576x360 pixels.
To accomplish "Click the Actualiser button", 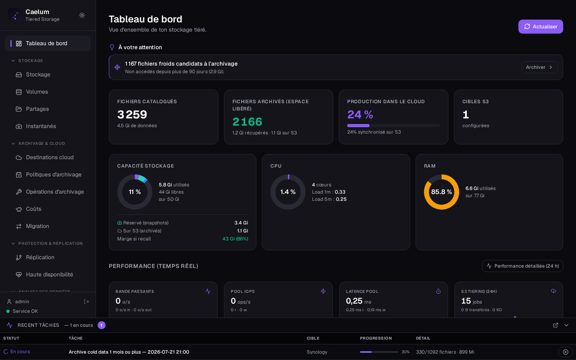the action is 540,26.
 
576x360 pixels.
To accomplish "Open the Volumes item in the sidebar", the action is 37,92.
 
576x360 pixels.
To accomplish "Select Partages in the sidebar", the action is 37,109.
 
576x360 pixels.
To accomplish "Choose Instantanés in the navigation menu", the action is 41,126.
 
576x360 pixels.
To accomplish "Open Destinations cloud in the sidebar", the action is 50,157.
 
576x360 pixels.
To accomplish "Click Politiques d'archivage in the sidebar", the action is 54,174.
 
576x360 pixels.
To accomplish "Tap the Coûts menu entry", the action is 34,209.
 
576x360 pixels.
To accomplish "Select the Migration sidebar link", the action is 37,226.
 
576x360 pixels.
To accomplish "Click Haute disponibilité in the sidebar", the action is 49,275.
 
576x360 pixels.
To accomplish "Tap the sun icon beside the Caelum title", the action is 82,15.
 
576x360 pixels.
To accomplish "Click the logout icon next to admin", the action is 86,302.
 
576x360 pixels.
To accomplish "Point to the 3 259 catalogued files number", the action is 132,115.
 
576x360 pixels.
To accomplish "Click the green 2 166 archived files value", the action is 247,122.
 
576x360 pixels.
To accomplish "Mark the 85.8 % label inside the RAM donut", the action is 442,192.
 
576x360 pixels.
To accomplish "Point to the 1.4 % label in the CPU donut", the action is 288,192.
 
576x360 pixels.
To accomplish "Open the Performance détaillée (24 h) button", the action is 522,266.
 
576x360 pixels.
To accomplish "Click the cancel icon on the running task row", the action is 566,352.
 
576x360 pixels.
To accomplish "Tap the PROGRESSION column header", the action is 376,338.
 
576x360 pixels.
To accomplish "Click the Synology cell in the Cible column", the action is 317,352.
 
